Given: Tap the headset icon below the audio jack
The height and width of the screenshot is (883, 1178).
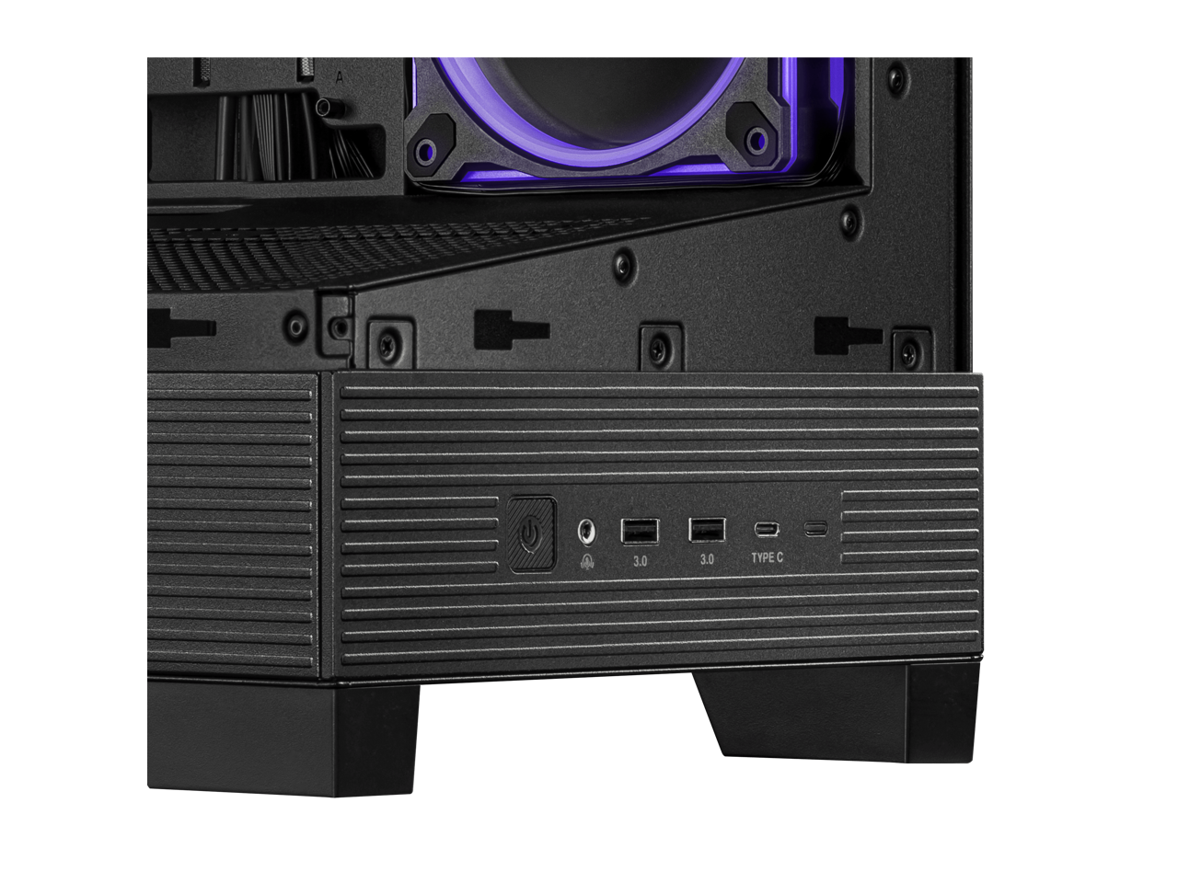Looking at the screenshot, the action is pyautogui.click(x=586, y=561).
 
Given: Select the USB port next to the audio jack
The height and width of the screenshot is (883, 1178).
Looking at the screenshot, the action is pyautogui.click(x=640, y=532).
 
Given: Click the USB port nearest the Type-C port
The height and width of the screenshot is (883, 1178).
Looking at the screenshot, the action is pyautogui.click(x=707, y=530).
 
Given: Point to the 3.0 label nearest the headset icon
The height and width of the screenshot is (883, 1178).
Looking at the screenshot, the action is pyautogui.click(x=640, y=561).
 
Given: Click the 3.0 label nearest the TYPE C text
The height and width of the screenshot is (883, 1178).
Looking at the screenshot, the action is pyautogui.click(x=707, y=560).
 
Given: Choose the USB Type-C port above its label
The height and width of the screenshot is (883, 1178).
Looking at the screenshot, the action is pyautogui.click(x=767, y=530).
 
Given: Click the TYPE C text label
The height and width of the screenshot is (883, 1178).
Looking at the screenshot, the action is pyautogui.click(x=767, y=557).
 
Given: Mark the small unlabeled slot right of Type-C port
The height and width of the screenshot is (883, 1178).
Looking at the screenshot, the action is pyautogui.click(x=815, y=529).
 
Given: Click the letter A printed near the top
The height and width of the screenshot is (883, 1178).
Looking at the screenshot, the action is pyautogui.click(x=340, y=78).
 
